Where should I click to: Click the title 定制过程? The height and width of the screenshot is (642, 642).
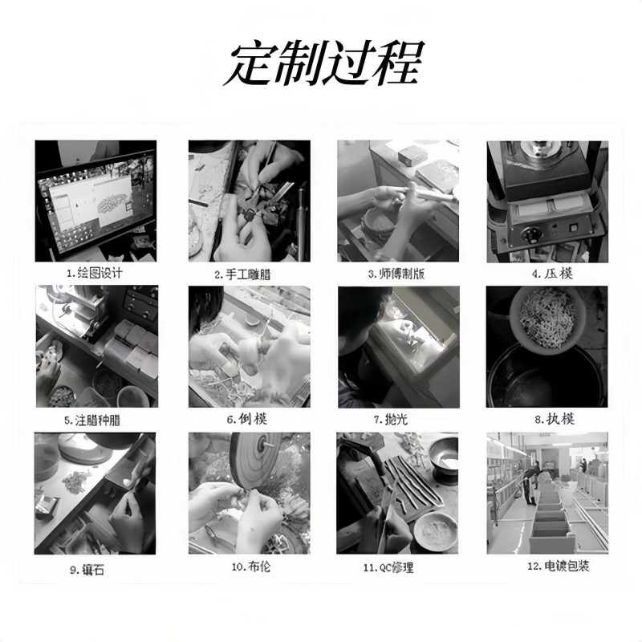[323, 63]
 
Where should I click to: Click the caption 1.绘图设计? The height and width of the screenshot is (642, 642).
[95, 273]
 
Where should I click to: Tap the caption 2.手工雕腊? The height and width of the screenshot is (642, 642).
[242, 274]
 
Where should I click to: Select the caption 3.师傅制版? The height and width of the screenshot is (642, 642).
[396, 274]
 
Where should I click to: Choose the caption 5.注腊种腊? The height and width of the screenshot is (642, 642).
[92, 421]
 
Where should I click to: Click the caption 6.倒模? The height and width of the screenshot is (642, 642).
[247, 419]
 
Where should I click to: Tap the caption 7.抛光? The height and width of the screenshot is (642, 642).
[390, 419]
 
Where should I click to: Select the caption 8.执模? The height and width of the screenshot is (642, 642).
[555, 419]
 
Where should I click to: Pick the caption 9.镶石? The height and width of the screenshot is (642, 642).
[87, 570]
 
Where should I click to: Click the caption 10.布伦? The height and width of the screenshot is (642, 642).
[251, 567]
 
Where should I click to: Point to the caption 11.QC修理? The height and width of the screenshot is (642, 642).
[388, 568]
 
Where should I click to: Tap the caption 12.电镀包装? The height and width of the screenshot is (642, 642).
[558, 567]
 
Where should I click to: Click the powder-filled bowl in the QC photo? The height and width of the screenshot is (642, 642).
[435, 530]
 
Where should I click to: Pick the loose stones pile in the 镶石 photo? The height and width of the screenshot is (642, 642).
[75, 481]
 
